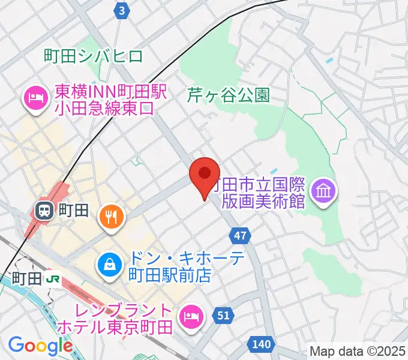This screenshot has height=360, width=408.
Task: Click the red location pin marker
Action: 204,174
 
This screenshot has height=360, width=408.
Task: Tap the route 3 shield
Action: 122,10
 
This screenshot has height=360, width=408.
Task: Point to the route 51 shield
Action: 223,316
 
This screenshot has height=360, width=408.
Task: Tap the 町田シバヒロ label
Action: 94,56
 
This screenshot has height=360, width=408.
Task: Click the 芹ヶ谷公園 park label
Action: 228,94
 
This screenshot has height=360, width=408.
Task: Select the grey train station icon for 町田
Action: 43,210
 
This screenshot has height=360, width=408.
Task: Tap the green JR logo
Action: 53,278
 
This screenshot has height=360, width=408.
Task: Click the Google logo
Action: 40,346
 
